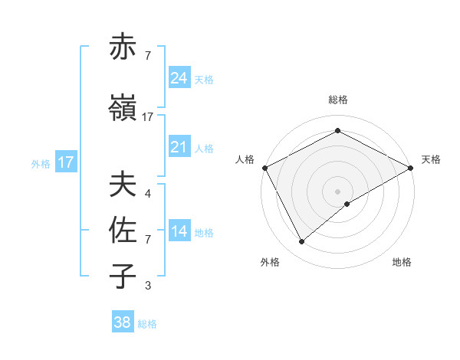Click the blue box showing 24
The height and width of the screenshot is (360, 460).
coord(179,78)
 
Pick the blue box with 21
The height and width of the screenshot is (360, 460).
coord(179,147)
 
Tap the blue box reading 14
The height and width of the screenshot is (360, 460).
coord(179,231)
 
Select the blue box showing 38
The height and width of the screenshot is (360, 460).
coord(123,322)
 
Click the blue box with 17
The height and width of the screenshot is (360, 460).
coord(65,162)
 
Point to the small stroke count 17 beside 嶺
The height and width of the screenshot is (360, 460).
coord(148,117)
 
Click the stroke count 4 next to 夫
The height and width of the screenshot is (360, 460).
coord(148,194)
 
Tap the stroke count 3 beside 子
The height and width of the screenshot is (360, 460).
coord(148,286)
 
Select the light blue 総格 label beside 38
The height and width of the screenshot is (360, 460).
coord(148,324)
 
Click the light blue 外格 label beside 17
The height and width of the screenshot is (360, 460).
coord(41,163)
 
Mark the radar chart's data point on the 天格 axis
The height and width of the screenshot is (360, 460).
coord(411,168)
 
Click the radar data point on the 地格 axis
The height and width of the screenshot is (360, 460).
coord(347,204)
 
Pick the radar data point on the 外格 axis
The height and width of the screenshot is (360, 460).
coord(301,242)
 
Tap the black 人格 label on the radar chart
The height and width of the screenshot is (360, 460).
coord(245,159)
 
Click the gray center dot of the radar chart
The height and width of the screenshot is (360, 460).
coord(337,191)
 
